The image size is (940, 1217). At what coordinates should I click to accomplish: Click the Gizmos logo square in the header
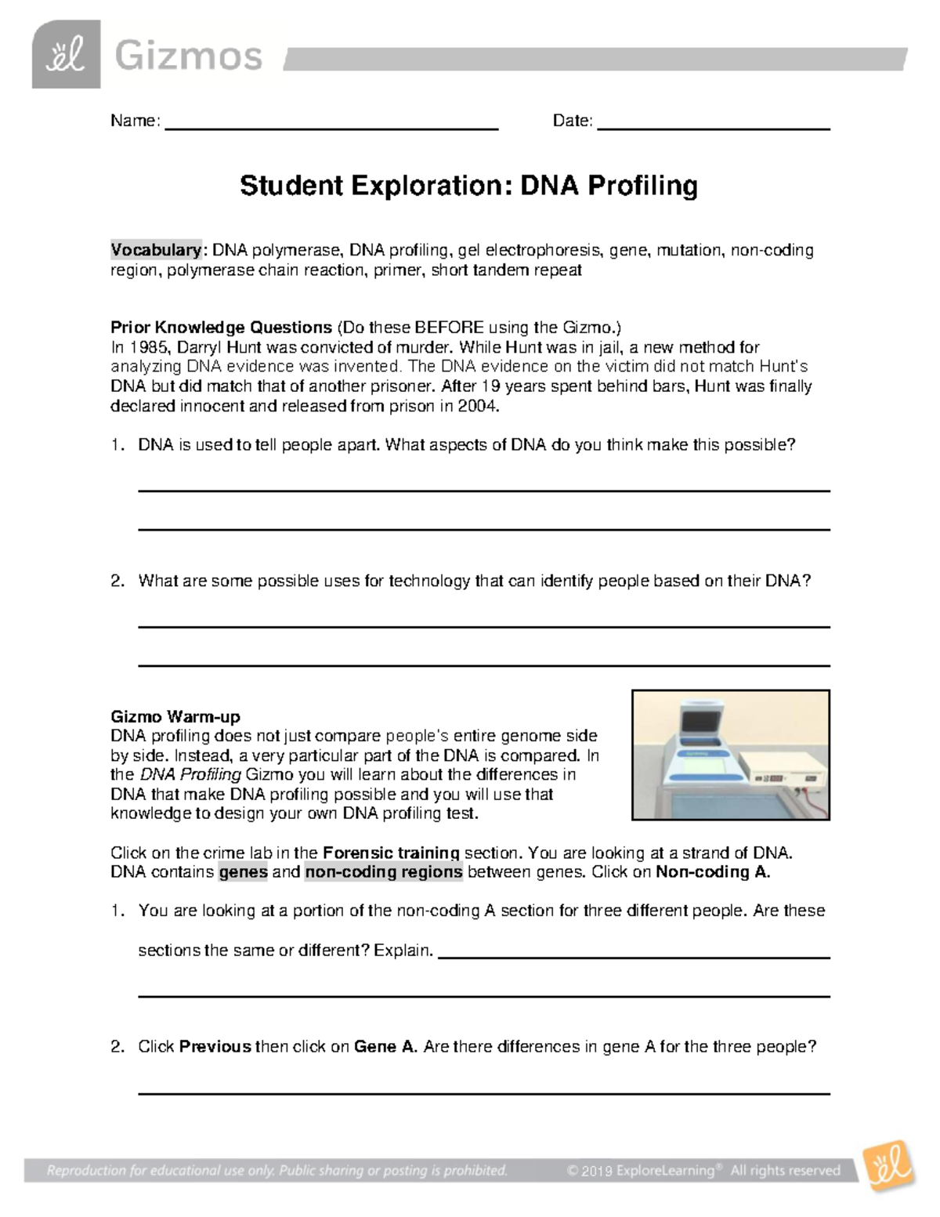[66, 54]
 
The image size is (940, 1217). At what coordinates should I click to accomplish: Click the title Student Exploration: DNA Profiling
[468, 186]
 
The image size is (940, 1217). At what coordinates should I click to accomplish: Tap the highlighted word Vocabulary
[156, 250]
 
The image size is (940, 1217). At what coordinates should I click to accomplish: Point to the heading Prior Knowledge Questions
[221, 327]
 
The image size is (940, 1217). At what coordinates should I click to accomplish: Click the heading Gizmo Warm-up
[175, 716]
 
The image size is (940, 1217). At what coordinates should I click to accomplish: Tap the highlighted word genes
[243, 872]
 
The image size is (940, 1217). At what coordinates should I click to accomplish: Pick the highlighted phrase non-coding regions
[384, 872]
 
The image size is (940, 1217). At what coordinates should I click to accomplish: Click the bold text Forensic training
[391, 853]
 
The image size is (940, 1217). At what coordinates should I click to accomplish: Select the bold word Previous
[215, 1046]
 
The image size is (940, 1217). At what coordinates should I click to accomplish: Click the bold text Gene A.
[385, 1046]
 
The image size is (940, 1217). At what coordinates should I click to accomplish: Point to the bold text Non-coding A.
[713, 872]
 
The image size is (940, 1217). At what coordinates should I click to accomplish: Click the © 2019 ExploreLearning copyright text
[641, 1171]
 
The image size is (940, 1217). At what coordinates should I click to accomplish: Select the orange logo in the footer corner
[889, 1168]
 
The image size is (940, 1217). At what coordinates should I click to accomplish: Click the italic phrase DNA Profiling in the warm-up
[190, 774]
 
